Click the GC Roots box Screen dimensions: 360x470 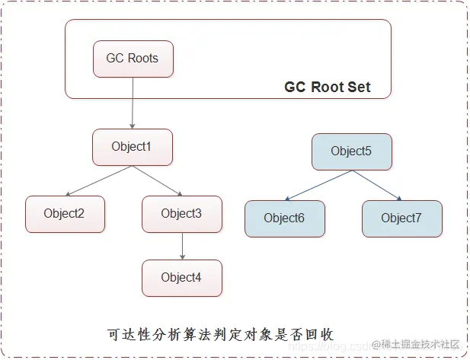click(x=133, y=59)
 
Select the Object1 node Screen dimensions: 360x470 click(x=133, y=147)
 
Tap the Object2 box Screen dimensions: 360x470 click(x=65, y=214)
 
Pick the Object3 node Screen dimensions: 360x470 click(x=181, y=214)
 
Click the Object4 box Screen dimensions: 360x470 click(x=181, y=278)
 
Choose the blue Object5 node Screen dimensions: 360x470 click(x=351, y=151)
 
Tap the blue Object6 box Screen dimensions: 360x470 click(x=284, y=218)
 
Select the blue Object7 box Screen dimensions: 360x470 click(x=401, y=218)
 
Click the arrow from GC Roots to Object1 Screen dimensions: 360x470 click(x=133, y=103)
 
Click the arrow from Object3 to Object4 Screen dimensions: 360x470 click(x=181, y=246)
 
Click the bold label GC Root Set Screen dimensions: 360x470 click(x=328, y=87)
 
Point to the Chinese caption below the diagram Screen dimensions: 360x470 click(x=220, y=334)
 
